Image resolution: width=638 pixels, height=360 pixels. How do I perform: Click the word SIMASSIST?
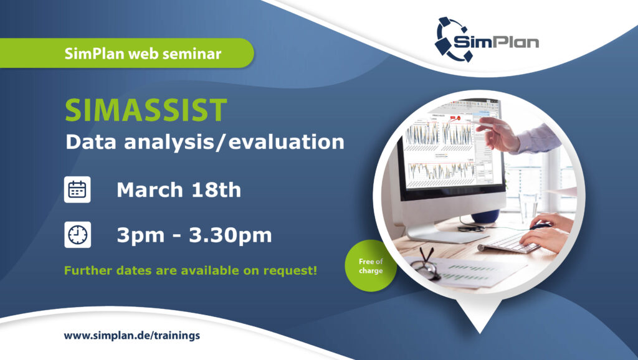coord(146,110)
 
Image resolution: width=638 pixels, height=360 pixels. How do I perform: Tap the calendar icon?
coord(77,189)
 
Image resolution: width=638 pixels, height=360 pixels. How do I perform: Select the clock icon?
coord(77,235)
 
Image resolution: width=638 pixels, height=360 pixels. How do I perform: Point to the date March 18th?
coord(179,190)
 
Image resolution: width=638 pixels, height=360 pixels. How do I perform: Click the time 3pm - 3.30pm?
coord(194,235)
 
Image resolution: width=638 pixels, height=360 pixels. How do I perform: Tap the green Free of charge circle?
coord(370,265)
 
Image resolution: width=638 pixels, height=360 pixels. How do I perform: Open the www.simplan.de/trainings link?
coord(132,336)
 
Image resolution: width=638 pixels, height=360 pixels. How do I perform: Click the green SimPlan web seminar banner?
coord(127,54)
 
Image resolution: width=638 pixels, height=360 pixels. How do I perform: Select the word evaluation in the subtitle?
coord(286,142)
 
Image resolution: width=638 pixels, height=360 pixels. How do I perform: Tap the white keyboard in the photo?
coord(511,244)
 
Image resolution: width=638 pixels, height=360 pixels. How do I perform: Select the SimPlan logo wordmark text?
coord(496,41)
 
